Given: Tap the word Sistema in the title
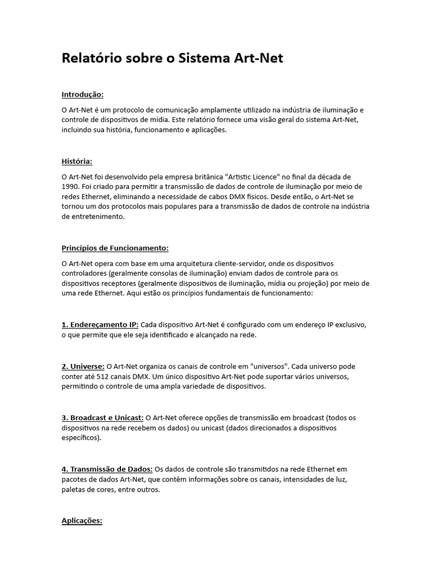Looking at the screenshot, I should (202, 58).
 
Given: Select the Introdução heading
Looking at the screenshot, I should (83, 94).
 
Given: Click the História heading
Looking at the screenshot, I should (77, 161).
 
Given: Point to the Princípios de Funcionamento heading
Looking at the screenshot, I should (115, 248).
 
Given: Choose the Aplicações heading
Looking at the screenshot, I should (82, 521).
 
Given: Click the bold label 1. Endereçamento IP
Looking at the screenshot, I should (100, 325).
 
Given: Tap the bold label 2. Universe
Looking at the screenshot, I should (83, 366).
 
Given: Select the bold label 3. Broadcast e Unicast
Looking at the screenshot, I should (102, 418).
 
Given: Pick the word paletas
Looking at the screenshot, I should (74, 490).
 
